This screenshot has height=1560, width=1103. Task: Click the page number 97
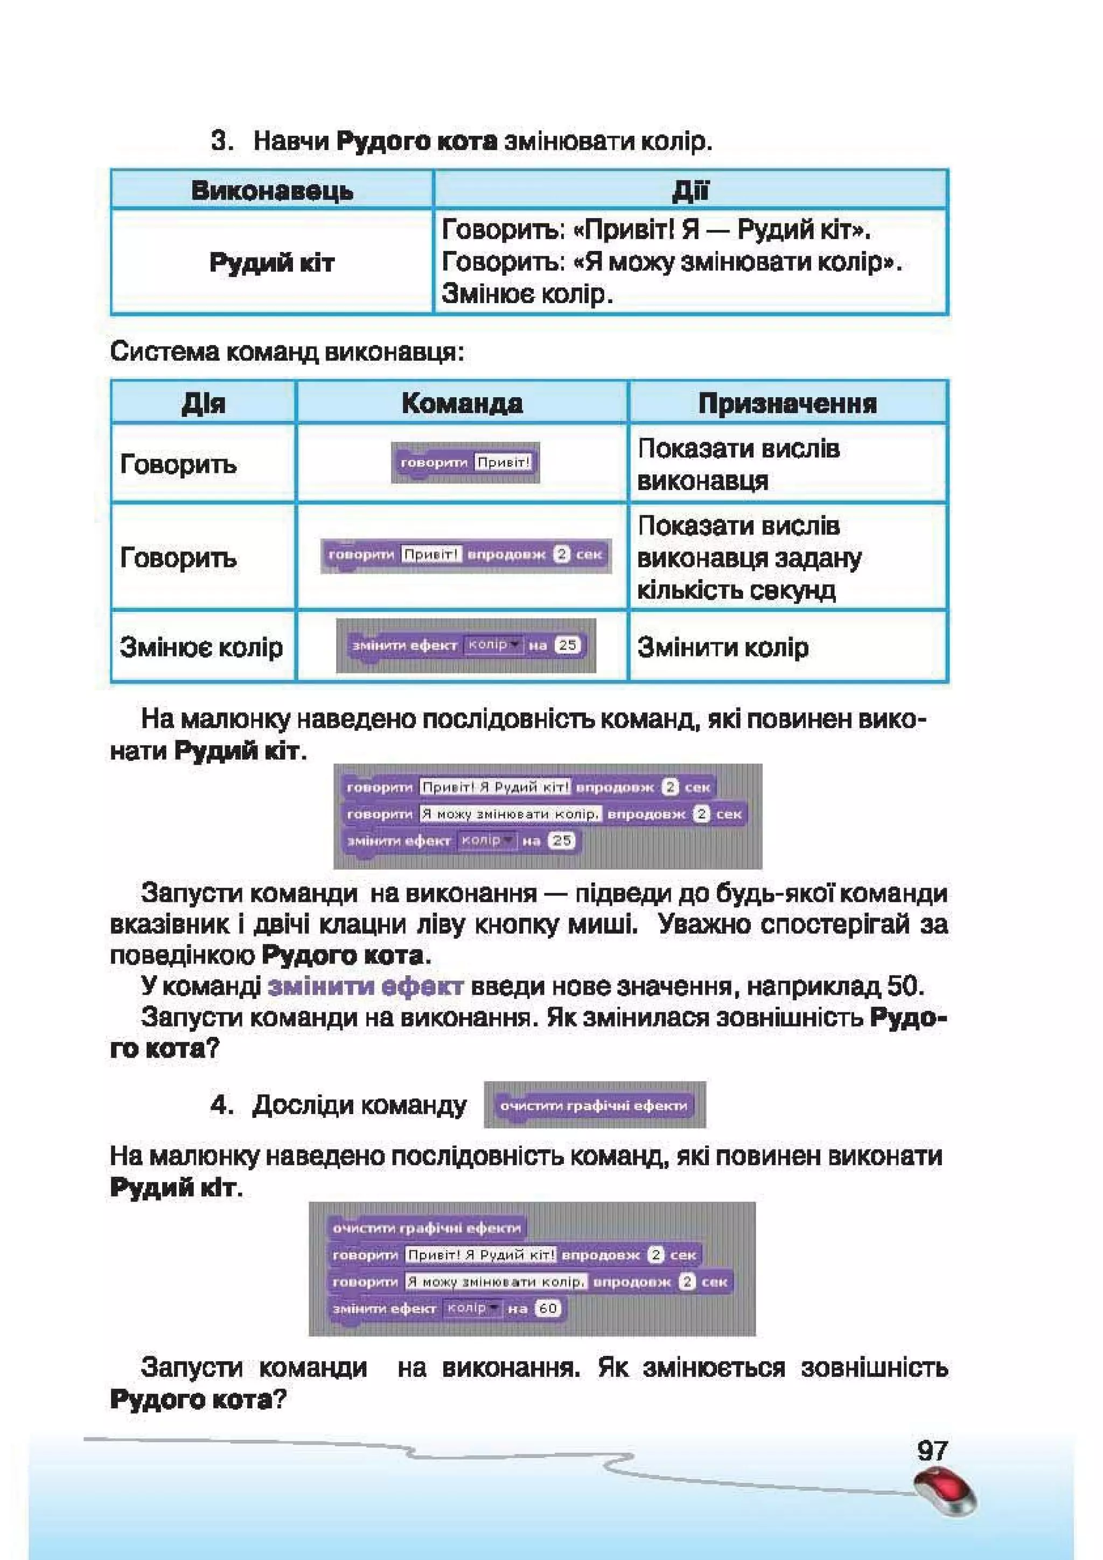[x=932, y=1451]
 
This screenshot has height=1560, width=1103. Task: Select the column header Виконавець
[x=272, y=190]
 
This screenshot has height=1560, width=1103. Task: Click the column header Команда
[x=462, y=403]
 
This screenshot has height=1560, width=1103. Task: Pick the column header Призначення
[x=787, y=403]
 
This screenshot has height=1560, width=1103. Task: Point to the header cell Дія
[x=203, y=403]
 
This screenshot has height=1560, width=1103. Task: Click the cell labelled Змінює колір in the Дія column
[x=201, y=647]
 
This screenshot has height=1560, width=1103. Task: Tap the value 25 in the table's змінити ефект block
[x=567, y=645]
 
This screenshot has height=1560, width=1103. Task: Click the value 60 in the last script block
[x=548, y=1308]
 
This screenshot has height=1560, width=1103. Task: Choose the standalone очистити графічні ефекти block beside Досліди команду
[x=594, y=1106]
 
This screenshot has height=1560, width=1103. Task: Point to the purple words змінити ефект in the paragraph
[x=366, y=986]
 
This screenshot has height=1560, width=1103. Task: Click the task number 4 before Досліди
[x=221, y=1105]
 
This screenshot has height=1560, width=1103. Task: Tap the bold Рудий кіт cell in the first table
[x=272, y=262]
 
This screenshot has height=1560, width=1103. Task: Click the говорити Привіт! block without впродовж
[x=465, y=463]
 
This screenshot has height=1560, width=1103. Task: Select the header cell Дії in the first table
[x=690, y=190]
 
